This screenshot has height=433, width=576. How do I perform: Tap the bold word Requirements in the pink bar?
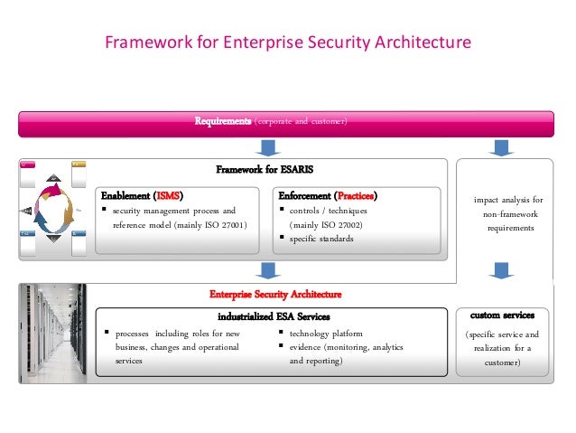point(223,122)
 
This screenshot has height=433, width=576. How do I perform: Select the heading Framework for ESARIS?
point(264,169)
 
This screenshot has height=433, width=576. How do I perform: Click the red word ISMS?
point(168,195)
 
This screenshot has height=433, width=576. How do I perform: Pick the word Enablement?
point(125,195)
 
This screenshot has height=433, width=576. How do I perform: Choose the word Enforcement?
point(304,195)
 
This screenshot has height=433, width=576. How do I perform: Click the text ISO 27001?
point(223,224)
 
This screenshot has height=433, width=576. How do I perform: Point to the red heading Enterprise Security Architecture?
point(275,295)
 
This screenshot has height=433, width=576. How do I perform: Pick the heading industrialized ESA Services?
point(274,316)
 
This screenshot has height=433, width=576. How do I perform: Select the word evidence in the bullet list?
point(307,347)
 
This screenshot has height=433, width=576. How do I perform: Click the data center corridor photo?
point(52,333)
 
